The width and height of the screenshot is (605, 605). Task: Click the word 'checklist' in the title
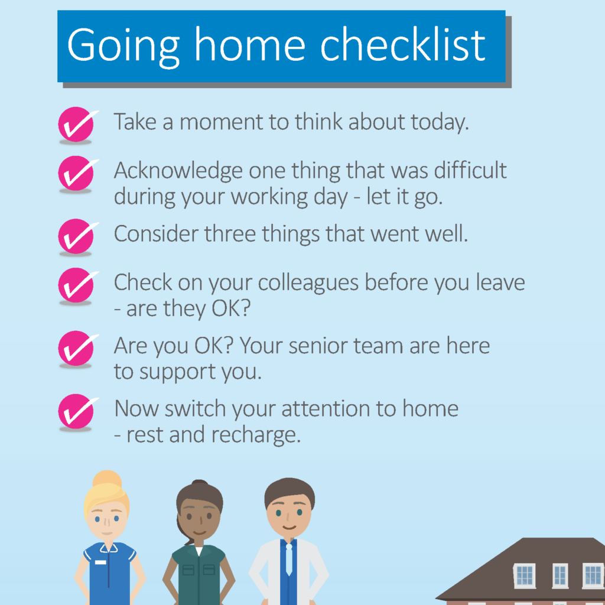point(402,45)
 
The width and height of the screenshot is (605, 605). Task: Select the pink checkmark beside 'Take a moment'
point(77,124)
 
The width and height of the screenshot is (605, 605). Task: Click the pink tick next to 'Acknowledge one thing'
point(77,173)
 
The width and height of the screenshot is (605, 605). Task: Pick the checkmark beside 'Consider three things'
point(77,236)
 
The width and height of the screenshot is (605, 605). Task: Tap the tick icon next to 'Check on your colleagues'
point(77,285)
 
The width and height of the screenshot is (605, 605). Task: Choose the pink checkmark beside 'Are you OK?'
point(77,348)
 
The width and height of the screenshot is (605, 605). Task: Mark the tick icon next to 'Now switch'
point(77,411)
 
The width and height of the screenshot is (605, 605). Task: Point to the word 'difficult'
point(470,170)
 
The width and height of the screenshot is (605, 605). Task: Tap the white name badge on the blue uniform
point(100,562)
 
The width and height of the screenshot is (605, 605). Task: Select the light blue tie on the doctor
point(289,559)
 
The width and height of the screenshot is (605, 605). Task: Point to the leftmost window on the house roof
point(525,575)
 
